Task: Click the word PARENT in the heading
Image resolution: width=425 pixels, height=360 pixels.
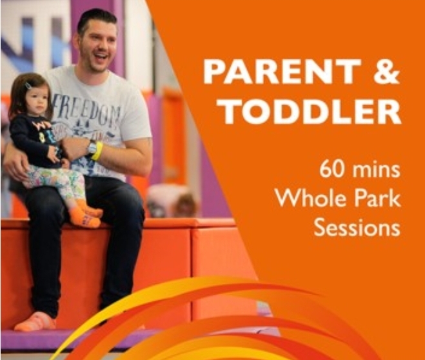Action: [x=282, y=72]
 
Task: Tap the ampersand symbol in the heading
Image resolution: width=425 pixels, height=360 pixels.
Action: [x=386, y=72]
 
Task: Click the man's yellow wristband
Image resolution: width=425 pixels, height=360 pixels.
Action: [x=98, y=151]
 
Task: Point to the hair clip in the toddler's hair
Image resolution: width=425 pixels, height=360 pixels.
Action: [x=28, y=86]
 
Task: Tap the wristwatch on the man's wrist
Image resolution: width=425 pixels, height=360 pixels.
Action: [x=90, y=148]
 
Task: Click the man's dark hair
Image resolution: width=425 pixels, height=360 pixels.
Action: [x=97, y=21]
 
